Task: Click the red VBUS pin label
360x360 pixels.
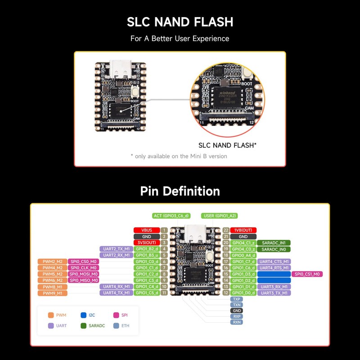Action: pos(146,230)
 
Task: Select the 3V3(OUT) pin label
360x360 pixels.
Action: pos(146,243)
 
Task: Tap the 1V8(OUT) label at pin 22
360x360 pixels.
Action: pos(243,230)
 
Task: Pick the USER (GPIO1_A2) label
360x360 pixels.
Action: pos(220,216)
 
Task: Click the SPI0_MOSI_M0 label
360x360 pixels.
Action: pos(83,274)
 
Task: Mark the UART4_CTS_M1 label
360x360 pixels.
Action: pos(274,261)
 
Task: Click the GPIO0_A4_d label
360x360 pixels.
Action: pos(243,255)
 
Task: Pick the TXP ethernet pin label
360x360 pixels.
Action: pos(236,298)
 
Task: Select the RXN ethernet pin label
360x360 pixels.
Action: pos(236,322)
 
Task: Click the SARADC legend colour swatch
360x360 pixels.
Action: pos(83,325)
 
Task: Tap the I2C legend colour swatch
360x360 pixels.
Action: pos(83,315)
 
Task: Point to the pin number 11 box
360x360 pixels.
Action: pos(164,293)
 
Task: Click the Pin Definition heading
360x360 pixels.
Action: pos(180,191)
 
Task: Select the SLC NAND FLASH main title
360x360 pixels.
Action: pos(180,22)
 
